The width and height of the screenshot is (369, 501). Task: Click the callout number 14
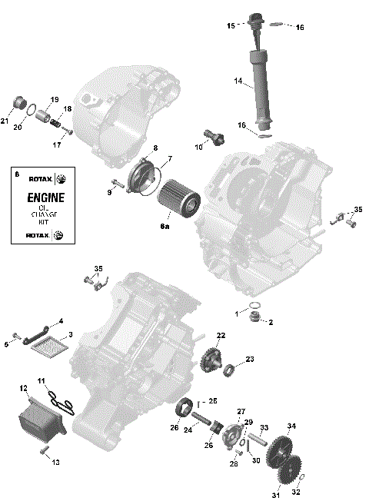tap(238, 81)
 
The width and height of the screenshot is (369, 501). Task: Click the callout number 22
tap(221, 336)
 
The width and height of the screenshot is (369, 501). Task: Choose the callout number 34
tap(291, 426)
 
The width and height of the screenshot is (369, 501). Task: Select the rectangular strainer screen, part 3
tap(49, 345)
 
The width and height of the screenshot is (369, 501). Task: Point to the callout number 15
tap(230, 25)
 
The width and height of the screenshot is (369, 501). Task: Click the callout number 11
tap(42, 380)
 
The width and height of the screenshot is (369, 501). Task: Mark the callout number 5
tap(7, 344)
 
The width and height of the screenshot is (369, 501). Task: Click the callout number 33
tap(263, 427)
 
